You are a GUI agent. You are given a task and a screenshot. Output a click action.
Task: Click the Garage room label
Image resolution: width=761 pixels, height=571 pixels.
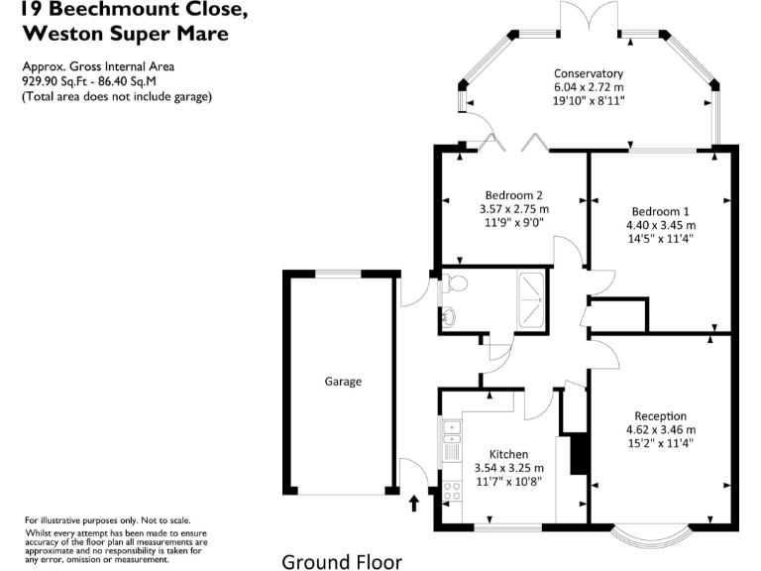(x=344, y=382)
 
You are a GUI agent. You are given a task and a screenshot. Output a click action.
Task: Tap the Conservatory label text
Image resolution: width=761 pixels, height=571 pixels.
(x=589, y=73)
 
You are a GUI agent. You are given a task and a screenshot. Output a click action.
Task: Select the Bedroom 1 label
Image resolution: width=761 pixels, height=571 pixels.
(x=660, y=211)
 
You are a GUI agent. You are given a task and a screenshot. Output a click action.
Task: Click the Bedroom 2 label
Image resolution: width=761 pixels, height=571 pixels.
(x=513, y=194)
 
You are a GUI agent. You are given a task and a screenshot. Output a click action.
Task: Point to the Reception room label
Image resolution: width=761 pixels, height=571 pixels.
(x=661, y=415)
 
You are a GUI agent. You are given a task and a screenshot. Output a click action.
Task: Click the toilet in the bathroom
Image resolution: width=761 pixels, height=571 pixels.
(x=456, y=284)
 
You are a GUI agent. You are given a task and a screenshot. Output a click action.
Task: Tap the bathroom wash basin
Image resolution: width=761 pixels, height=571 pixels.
(x=449, y=317)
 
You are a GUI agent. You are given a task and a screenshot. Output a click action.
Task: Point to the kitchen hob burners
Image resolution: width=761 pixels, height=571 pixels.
(x=451, y=489)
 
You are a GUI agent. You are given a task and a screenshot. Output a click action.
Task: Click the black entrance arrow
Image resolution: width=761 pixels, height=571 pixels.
(x=414, y=504)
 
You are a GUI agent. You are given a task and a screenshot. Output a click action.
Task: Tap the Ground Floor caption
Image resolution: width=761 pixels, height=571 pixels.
(x=342, y=562)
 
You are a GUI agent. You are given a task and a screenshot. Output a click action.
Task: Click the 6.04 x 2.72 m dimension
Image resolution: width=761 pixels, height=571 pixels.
(x=589, y=87)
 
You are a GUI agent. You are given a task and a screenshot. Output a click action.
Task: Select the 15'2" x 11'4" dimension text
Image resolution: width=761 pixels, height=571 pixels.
(x=661, y=443)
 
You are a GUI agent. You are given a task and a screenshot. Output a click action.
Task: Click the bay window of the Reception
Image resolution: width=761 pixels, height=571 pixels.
(x=649, y=536)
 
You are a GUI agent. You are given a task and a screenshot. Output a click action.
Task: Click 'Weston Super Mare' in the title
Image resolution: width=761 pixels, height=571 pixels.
(x=125, y=33)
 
